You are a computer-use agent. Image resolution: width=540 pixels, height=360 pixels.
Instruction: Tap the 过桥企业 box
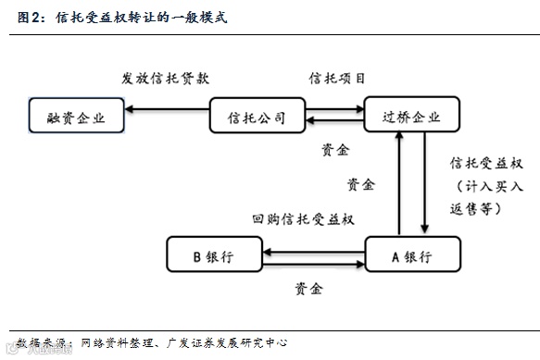coord(411,118)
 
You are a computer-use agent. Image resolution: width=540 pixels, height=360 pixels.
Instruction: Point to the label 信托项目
coord(337,78)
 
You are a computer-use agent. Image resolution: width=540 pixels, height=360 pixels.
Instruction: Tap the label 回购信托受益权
coord(304,219)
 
